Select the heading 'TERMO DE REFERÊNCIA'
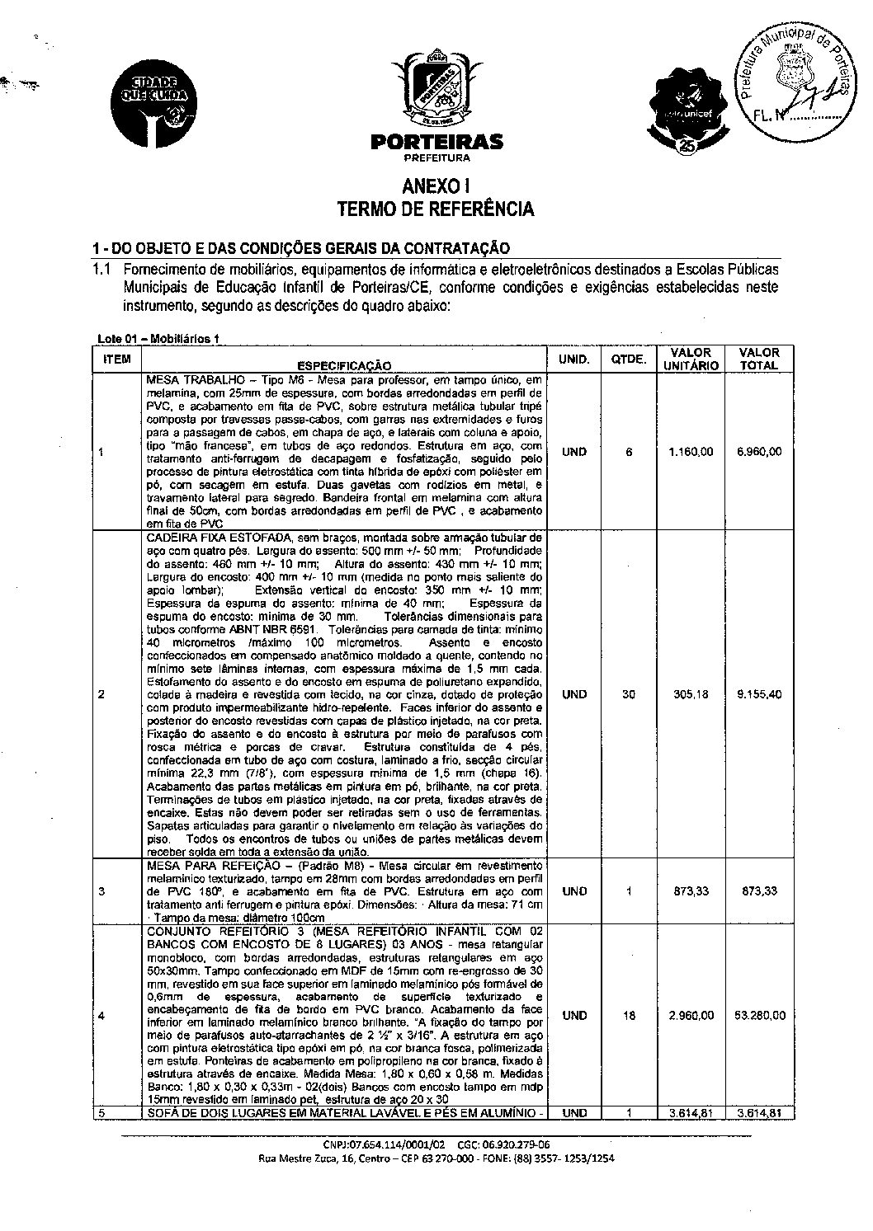coord(436,209)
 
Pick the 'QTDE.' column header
coord(629,359)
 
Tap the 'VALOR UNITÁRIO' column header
coord(691,359)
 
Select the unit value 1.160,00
coord(691,452)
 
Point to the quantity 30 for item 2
coord(629,694)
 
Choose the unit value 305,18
coord(691,694)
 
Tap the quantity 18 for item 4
coord(629,1015)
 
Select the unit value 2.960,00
coord(691,1015)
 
